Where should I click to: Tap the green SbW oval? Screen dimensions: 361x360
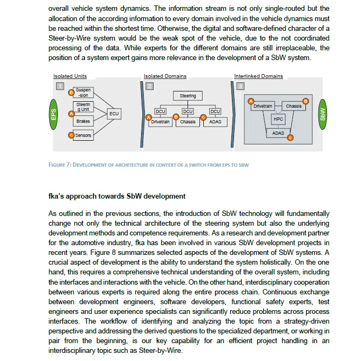coord(323,114)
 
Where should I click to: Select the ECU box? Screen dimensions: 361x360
coord(114,114)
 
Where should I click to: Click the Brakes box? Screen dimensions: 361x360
coord(83,121)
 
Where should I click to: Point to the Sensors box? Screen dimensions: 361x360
coord(83,135)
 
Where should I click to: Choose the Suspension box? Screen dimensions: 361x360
coord(83,93)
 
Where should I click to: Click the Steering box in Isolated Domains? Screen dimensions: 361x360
coord(188,96)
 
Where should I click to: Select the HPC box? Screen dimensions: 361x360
coord(278,119)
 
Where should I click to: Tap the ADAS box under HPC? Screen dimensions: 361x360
coord(278,133)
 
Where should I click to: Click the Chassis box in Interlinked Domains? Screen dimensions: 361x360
coord(294,106)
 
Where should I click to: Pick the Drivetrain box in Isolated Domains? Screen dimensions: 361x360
coord(161,122)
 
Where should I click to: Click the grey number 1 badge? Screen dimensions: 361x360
coord(59,86)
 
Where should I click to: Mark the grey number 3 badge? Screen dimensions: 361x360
coord(240,86)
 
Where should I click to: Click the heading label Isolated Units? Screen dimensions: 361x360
coord(70,76)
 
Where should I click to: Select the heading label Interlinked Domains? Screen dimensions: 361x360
coord(258,76)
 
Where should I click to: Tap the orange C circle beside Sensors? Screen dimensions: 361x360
coord(71,135)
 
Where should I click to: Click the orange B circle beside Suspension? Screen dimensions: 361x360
coord(71,93)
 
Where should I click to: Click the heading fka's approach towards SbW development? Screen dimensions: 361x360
coord(117,196)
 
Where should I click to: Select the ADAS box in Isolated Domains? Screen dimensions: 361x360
coord(215,122)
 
